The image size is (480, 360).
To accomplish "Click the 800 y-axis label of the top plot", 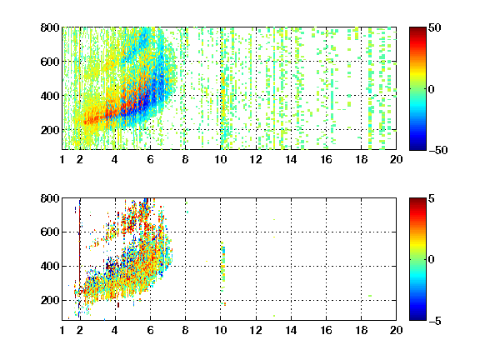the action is point(50,27).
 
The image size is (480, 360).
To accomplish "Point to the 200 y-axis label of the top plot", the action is point(50,130).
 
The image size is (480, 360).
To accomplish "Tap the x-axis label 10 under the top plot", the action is point(220,159).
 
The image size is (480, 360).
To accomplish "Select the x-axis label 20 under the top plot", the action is point(396,159).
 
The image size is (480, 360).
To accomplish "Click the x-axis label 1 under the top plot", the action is point(62,159).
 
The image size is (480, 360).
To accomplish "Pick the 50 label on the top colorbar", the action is point(434,27).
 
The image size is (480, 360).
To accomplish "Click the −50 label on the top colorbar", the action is point(438,150).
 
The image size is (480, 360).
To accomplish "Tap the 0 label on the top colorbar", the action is point(432,89).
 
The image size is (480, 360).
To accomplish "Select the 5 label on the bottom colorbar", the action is point(432,198).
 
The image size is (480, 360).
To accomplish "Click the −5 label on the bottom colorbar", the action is point(435,321).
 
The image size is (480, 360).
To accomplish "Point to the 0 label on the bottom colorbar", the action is point(432,260).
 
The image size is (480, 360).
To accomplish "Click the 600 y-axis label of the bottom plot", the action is point(50,232).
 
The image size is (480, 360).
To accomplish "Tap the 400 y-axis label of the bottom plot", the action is point(50,266).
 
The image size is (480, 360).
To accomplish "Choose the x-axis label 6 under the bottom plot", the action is point(150,330).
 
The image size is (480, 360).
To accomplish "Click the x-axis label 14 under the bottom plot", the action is point(291,330).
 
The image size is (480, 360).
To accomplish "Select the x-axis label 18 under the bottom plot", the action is point(361,330).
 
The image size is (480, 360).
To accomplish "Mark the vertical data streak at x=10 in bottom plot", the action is point(223,267).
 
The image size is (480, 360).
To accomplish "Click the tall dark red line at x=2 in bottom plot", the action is point(80,245).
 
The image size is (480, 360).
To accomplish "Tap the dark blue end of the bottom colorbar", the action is point(417,318).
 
